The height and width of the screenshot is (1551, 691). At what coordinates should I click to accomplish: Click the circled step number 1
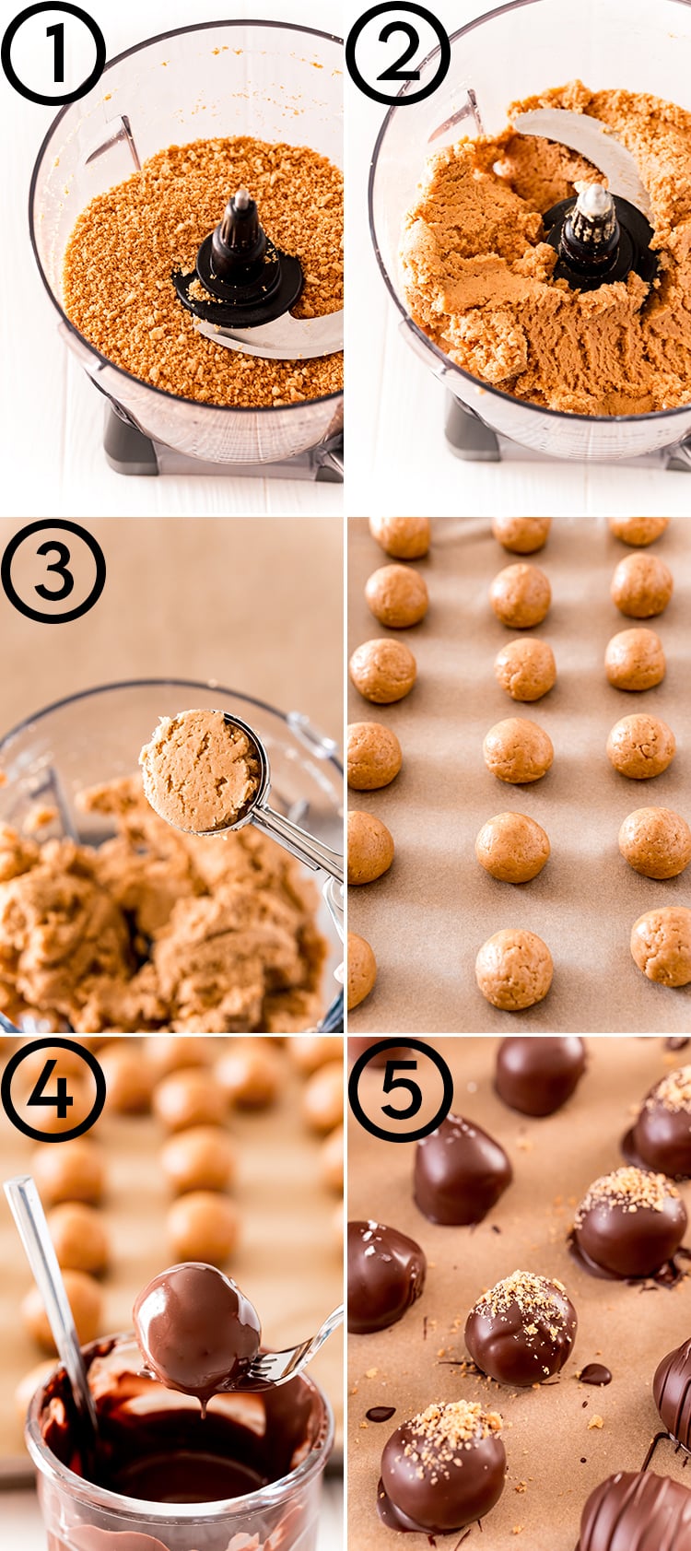click(53, 53)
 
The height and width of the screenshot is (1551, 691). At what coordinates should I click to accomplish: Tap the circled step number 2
click(398, 53)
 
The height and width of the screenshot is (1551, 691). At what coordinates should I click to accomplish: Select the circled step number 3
click(53, 571)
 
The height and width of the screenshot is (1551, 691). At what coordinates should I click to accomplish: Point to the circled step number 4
click(53, 1090)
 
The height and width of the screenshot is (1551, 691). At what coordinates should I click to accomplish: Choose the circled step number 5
click(400, 1090)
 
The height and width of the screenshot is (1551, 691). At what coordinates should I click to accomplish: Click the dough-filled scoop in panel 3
click(202, 770)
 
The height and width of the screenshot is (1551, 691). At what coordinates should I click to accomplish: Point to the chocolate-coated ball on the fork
click(197, 1324)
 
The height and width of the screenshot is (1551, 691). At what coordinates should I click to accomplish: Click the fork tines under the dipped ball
click(276, 1364)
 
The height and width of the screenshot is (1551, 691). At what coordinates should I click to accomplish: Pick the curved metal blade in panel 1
click(276, 336)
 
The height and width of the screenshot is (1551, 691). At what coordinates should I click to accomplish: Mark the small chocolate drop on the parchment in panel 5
click(595, 1374)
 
